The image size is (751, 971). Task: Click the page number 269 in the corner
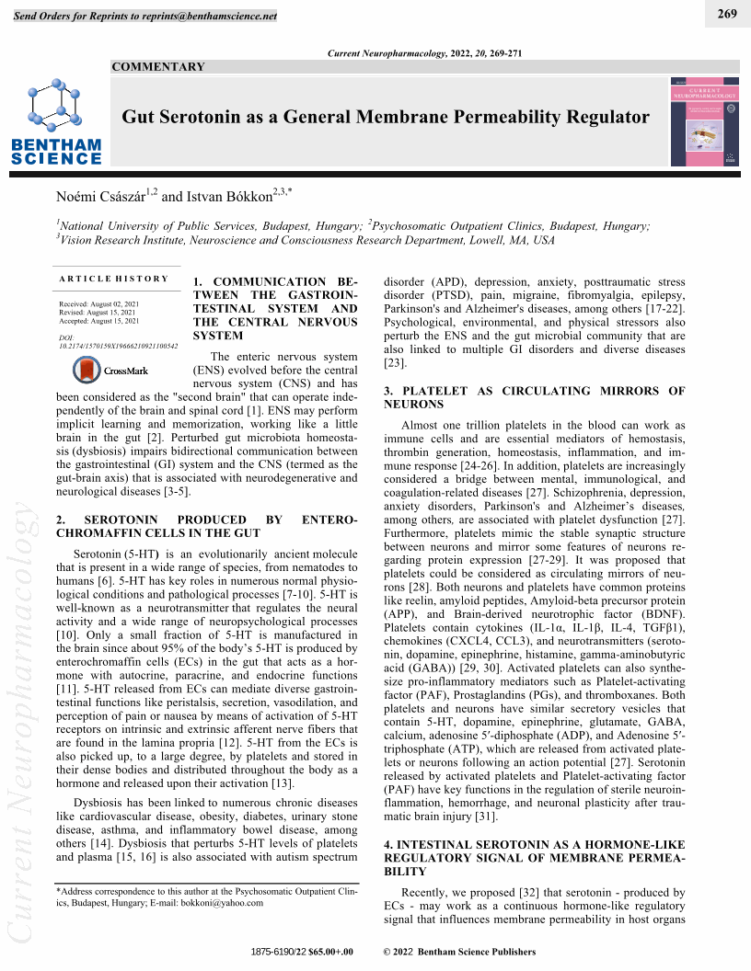pos(727,13)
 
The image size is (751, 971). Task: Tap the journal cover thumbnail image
pos(704,120)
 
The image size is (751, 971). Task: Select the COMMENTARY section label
pos(158,67)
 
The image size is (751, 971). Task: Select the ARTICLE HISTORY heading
pos(114,279)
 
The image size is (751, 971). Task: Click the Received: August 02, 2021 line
pos(98,303)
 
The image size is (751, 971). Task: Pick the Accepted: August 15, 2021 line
pos(98,322)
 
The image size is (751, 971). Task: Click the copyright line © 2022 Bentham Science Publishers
pos(459,951)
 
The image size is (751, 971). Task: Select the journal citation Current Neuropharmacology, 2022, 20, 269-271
pos(424,53)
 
